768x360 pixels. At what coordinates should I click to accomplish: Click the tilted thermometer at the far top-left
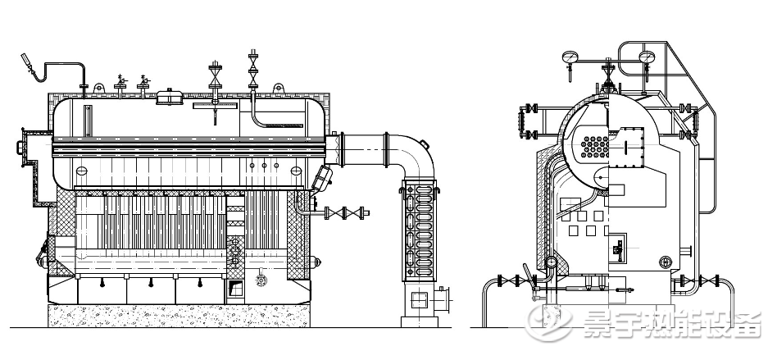click(28, 63)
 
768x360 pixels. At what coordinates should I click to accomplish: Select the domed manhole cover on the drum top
click(170, 97)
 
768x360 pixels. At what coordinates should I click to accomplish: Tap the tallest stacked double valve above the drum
click(253, 69)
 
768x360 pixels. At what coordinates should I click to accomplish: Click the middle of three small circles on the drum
click(265, 166)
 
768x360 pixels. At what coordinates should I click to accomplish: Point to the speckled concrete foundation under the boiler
click(179, 316)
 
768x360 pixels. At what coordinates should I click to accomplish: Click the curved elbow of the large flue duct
click(416, 152)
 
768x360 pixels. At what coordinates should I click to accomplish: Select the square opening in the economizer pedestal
click(419, 299)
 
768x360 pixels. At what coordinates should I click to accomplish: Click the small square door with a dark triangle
click(236, 288)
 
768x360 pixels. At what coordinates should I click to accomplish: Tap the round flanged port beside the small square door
click(261, 280)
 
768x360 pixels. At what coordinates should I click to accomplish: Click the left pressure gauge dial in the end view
click(570, 57)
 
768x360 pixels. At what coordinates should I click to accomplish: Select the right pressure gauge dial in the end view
click(647, 57)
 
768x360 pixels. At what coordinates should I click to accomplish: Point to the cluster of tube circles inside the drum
click(595, 147)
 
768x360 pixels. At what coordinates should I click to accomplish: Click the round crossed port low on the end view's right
click(666, 262)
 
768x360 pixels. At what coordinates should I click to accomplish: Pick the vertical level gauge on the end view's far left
click(520, 121)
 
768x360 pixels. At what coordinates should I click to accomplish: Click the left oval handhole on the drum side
click(81, 171)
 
